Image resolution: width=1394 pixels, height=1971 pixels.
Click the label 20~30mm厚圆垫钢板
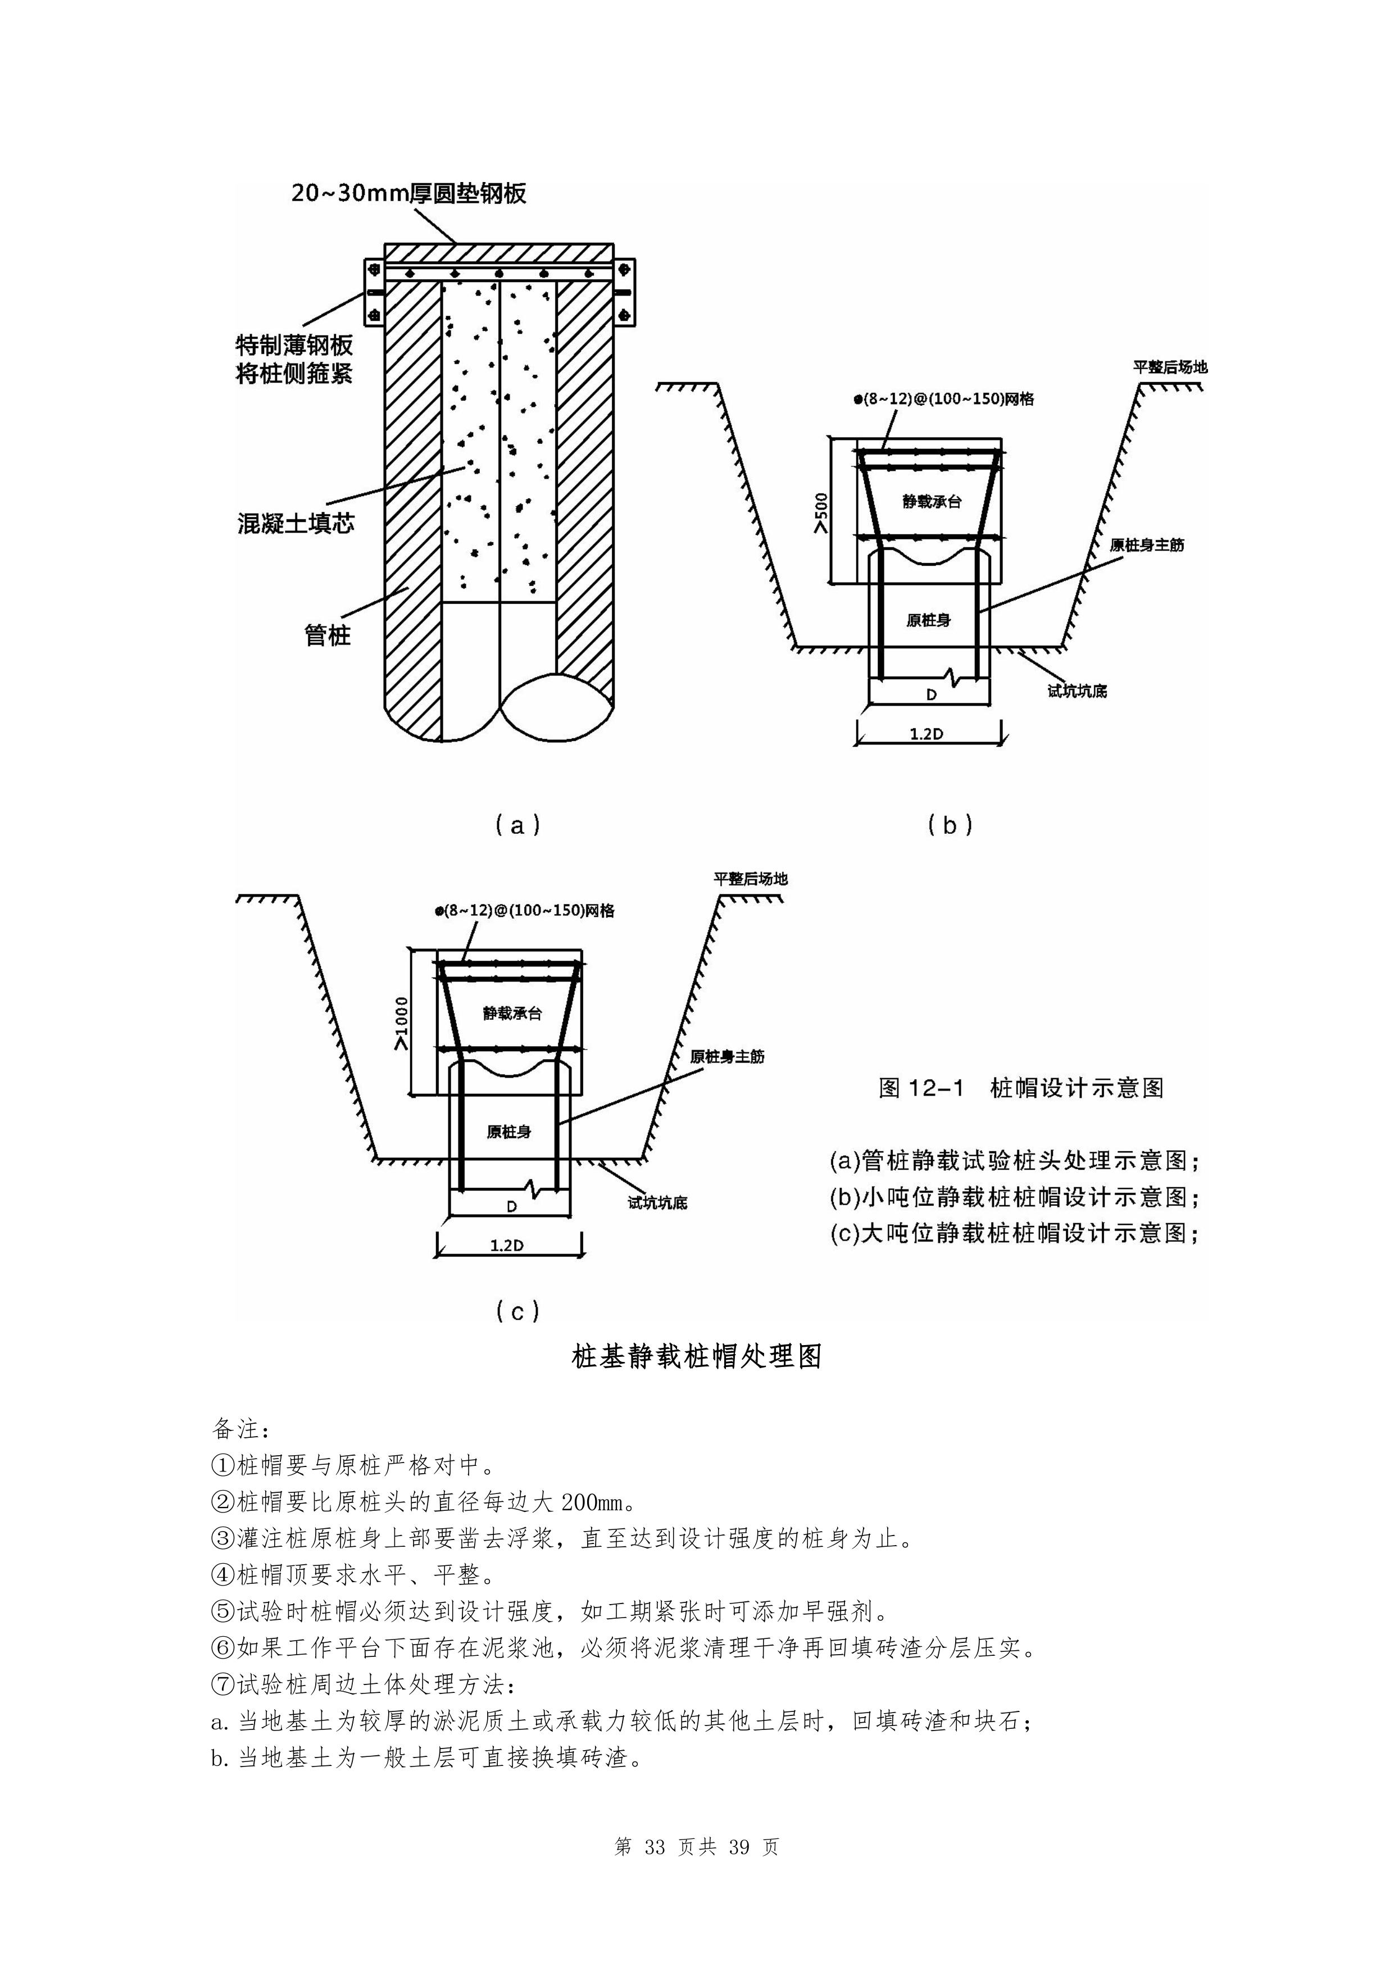tap(408, 193)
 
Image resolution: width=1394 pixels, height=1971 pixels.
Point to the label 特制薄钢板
tap(294, 345)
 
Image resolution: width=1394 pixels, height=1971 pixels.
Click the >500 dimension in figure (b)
tap(821, 514)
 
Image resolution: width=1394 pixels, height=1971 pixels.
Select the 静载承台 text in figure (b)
tap(932, 501)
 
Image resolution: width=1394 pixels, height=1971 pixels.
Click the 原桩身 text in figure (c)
tap(509, 1132)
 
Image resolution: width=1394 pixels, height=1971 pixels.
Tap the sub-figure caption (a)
tap(517, 825)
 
